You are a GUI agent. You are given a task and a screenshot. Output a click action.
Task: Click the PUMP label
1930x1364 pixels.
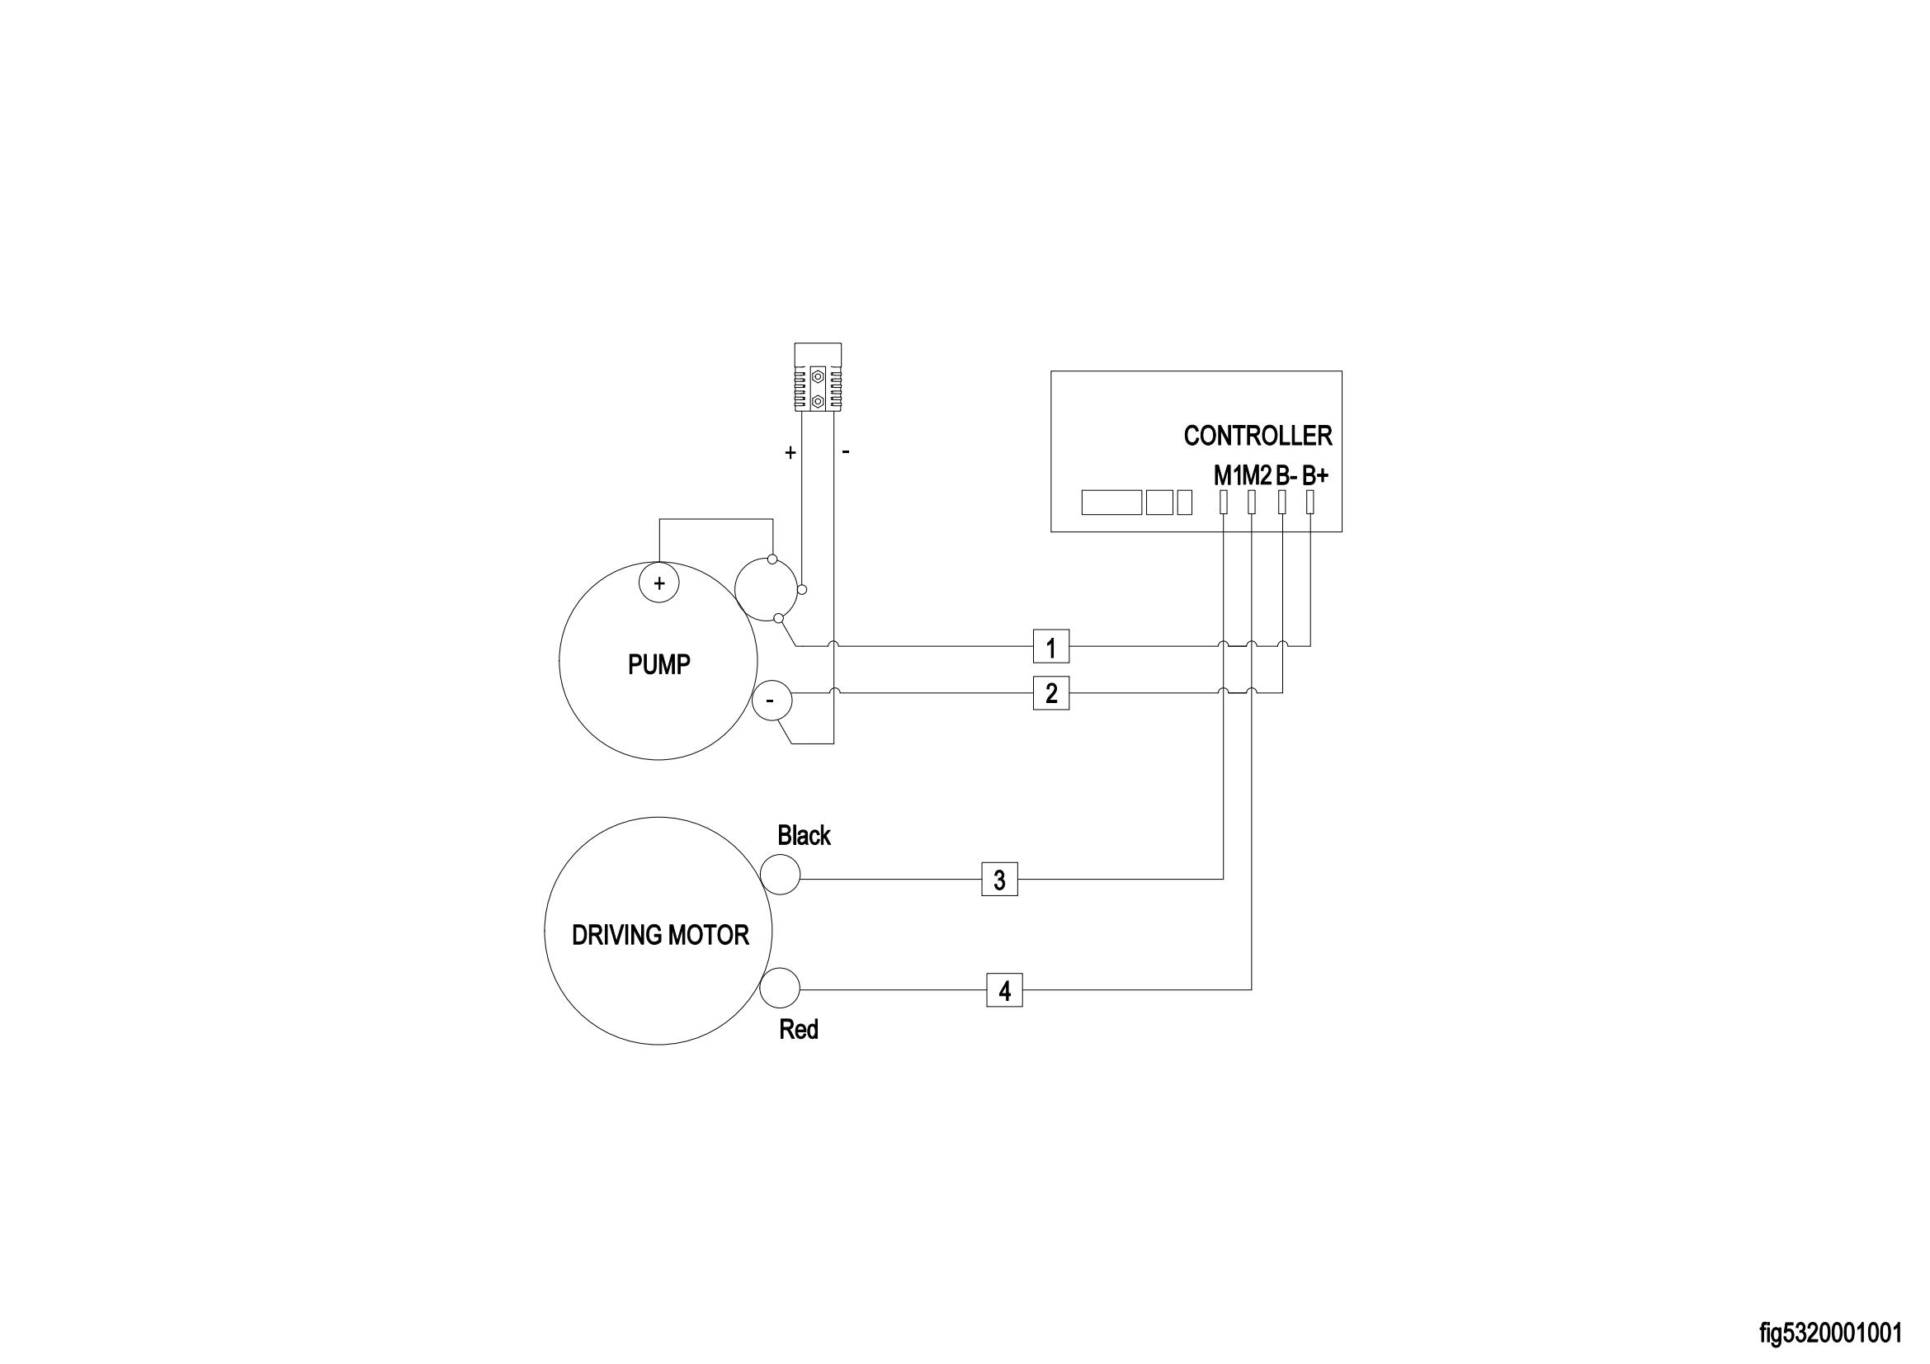pos(659,665)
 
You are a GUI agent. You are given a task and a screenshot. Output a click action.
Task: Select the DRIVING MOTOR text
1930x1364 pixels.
pos(660,936)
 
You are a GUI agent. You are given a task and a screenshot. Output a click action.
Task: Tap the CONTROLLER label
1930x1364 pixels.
pos(1258,436)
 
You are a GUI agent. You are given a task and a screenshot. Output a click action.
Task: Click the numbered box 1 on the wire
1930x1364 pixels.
pos(1050,646)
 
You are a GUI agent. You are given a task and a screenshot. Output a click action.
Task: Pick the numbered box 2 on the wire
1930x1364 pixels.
pos(1050,693)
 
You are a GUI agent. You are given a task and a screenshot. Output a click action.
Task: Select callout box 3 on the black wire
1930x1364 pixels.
pos(999,879)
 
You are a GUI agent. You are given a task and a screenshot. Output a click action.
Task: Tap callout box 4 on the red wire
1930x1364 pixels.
pos(1004,991)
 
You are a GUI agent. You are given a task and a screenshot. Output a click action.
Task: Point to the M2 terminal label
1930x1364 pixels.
pos(1257,475)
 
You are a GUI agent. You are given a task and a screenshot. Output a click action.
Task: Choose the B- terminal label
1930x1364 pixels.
pos(1286,475)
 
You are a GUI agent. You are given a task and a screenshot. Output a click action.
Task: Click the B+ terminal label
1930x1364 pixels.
pos(1315,475)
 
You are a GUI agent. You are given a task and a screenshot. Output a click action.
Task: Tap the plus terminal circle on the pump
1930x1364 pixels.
pos(659,583)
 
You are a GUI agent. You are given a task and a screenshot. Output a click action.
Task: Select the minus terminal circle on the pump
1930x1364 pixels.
pos(772,701)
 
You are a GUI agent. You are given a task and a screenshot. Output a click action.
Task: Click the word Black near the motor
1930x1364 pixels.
pos(804,835)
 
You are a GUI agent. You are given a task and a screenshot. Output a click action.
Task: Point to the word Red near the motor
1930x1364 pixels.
pos(799,1030)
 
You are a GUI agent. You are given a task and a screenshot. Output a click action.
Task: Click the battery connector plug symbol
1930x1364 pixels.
pos(818,377)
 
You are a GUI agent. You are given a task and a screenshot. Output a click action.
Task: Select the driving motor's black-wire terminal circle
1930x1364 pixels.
pos(780,874)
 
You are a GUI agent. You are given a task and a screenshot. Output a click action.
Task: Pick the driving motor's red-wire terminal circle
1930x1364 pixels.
pos(780,988)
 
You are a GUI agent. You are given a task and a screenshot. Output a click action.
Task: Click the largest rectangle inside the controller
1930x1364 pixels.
pos(1111,503)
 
